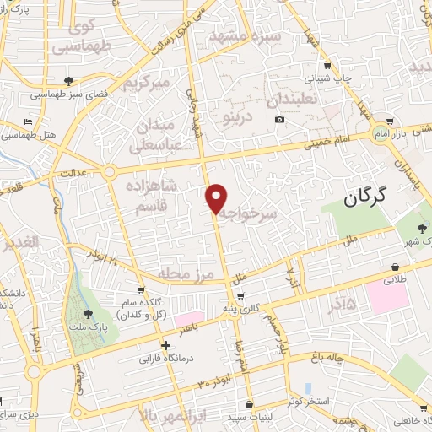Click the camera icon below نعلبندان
point(280,120)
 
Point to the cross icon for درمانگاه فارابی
point(166,344)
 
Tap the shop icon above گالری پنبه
point(242,296)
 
